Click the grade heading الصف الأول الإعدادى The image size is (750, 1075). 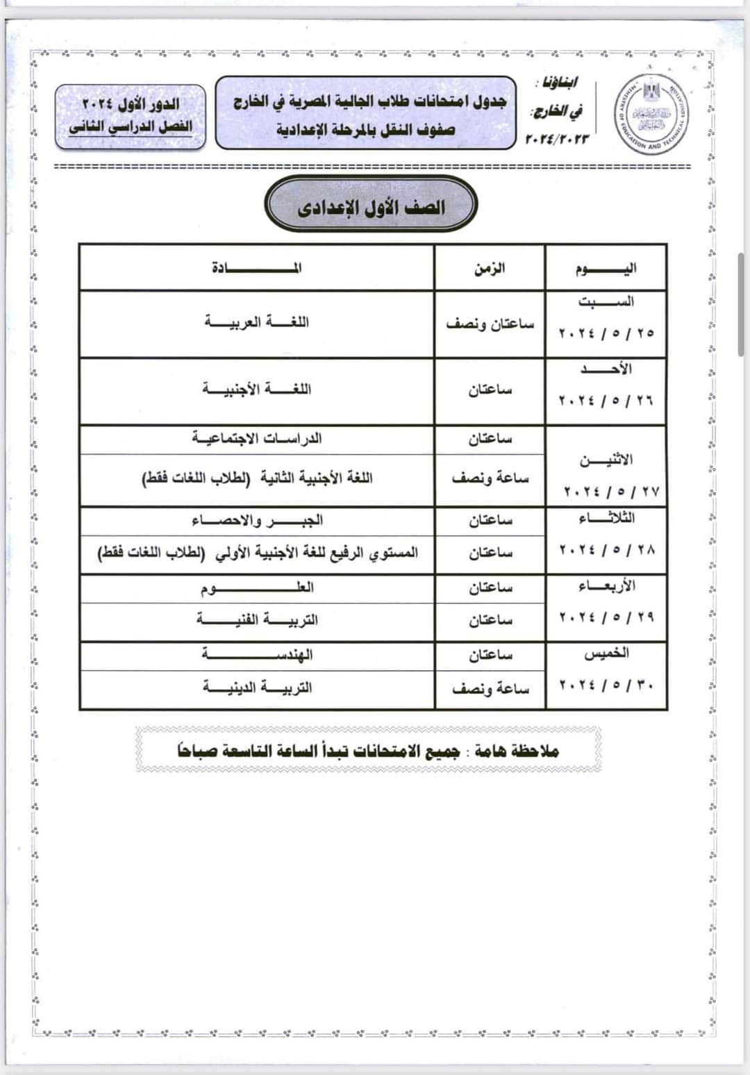tap(371, 207)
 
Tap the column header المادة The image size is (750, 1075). tap(257, 268)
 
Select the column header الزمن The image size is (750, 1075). tap(490, 268)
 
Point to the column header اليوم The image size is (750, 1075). tap(606, 268)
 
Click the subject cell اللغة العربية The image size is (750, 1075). tap(257, 322)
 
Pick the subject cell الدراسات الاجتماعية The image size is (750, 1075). tap(257, 439)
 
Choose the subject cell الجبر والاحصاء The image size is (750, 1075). tap(257, 520)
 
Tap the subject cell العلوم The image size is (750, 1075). tap(257, 588)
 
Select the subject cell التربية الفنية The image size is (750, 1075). tap(257, 619)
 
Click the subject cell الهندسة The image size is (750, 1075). tap(257, 655)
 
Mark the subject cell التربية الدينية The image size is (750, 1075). tap(257, 687)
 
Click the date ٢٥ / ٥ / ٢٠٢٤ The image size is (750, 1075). tap(606, 333)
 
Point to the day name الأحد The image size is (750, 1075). tap(606, 369)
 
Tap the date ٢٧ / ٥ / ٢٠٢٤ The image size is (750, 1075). tap(610, 492)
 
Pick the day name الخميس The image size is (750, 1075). tap(606, 653)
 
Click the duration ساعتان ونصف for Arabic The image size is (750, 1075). tap(490, 324)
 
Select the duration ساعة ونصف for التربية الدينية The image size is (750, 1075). tap(490, 688)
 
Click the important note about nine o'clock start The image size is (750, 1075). tap(368, 751)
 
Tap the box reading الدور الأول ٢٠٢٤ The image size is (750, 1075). tap(131, 104)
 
